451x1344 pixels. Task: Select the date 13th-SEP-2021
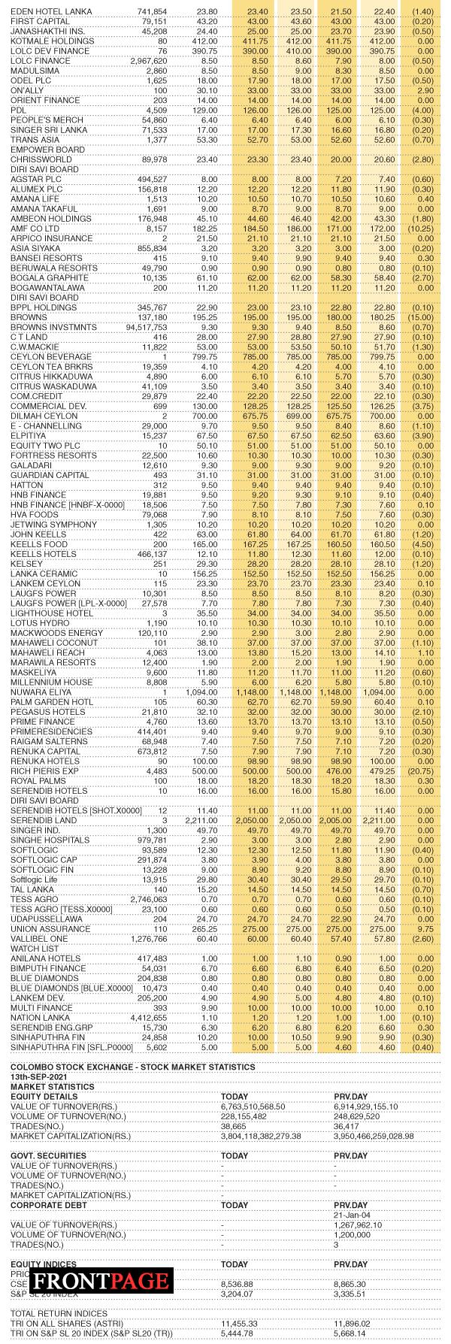(35, 1077)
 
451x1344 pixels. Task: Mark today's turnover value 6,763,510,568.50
(263, 1106)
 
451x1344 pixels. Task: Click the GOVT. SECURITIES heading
(48, 1155)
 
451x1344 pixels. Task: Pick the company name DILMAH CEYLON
(44, 416)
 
